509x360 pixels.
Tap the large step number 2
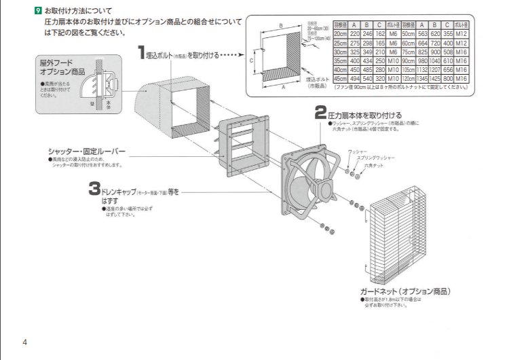coord(321,113)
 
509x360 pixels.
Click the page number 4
coord(24,341)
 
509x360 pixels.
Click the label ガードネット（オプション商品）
coord(405,291)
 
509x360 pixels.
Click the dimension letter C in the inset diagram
coord(251,60)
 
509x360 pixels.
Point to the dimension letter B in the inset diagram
coord(281,25)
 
